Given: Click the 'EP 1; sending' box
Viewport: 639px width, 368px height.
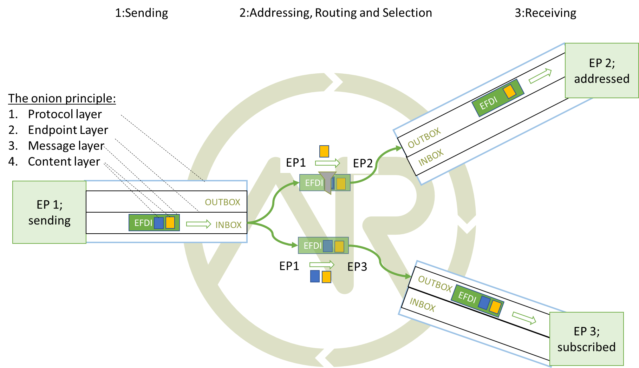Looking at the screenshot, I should pyautogui.click(x=49, y=212).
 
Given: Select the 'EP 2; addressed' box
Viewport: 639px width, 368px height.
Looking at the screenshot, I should pyautogui.click(x=601, y=71).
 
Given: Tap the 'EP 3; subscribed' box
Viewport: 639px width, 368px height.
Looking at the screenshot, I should pyautogui.click(x=586, y=339).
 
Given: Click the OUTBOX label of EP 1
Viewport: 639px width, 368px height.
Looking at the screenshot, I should pyautogui.click(x=222, y=202).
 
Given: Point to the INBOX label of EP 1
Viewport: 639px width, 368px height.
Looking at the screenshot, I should pyautogui.click(x=228, y=225).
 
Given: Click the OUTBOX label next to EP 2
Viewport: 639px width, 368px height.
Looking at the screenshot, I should pyautogui.click(x=424, y=138).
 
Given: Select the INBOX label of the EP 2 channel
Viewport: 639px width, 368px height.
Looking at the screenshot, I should pyautogui.click(x=431, y=158).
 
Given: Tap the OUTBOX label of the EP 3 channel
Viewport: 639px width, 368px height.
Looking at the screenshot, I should pyautogui.click(x=435, y=284).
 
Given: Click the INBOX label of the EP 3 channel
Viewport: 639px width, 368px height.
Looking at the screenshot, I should pyautogui.click(x=423, y=305).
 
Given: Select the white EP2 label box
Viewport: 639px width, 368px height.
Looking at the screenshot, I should pyautogui.click(x=363, y=163).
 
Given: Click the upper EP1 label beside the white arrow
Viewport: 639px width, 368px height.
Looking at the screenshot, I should pyautogui.click(x=295, y=162).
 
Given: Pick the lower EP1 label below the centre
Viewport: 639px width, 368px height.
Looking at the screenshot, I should pyautogui.click(x=289, y=266).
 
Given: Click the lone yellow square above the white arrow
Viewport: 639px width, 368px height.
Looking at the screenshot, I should pyautogui.click(x=324, y=151).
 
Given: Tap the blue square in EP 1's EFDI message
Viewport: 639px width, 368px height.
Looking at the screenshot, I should pyautogui.click(x=159, y=223).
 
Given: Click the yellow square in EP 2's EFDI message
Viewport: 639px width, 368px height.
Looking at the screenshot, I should pyautogui.click(x=509, y=92).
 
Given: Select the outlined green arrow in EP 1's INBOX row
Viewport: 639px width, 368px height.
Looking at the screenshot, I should pyautogui.click(x=198, y=224).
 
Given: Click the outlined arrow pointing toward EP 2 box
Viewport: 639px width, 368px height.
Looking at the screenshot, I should pyautogui.click(x=540, y=76).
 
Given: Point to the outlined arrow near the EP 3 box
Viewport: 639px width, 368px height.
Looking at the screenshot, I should pyautogui.click(x=524, y=318).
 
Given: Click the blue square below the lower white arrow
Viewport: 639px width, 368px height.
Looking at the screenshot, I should pyautogui.click(x=315, y=276).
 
